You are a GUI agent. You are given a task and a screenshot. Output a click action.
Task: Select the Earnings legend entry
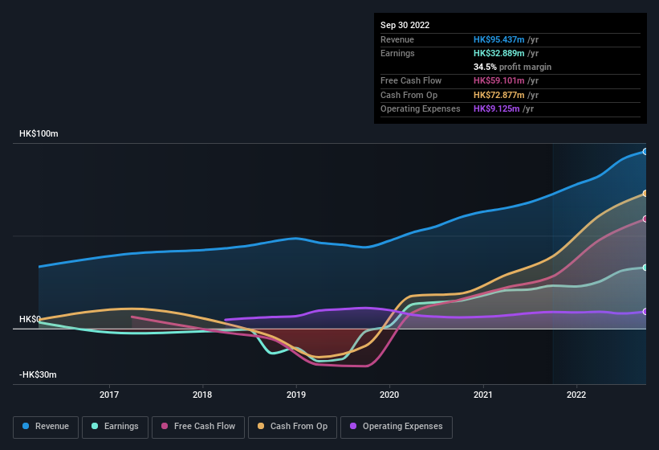[x=114, y=426]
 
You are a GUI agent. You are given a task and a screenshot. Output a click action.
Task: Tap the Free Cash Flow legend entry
[x=198, y=426]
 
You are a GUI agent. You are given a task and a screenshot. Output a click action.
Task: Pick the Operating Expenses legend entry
[x=397, y=426]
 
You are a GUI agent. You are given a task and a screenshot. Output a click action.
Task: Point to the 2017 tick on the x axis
[x=109, y=395]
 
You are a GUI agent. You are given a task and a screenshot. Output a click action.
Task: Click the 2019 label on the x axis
[x=296, y=395]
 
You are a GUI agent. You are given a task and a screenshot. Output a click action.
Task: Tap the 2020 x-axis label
[x=389, y=395]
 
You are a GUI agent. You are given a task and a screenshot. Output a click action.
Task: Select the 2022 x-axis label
[x=576, y=395]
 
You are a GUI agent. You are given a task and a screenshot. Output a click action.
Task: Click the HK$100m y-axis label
[x=39, y=133]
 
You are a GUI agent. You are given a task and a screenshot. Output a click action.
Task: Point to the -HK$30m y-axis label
[x=39, y=374]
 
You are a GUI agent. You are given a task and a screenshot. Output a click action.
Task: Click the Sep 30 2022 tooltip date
[x=405, y=25]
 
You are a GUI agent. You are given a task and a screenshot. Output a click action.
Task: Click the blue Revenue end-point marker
[x=645, y=151]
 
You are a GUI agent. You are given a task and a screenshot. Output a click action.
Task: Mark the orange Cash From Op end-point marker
[x=645, y=194]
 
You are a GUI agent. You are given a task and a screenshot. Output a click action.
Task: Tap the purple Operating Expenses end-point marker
[x=645, y=312]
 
